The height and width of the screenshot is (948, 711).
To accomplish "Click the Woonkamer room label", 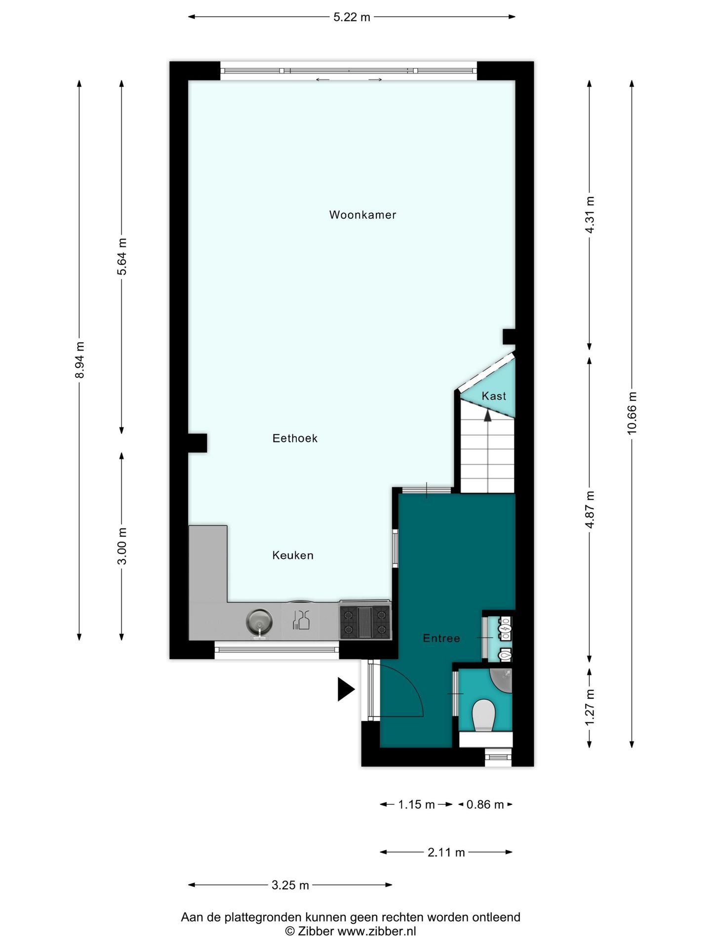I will pos(362,215).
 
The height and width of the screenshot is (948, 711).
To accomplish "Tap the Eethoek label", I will pos(295,438).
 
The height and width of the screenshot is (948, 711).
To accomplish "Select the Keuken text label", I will pos(293,555).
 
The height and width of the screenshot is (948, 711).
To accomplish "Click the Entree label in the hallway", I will pos(441,638).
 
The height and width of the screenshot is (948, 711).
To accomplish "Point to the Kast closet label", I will pos(494,396).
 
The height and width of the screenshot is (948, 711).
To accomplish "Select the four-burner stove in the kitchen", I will pos(365,622).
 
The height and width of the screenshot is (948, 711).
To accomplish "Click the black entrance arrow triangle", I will pos(345,689).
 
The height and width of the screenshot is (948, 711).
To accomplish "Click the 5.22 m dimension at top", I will pos(352,17).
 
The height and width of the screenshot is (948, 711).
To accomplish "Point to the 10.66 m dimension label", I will pos(632,413).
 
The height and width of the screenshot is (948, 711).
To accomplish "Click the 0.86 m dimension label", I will pos(485,805).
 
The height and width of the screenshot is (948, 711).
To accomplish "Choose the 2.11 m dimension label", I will pos(446,853).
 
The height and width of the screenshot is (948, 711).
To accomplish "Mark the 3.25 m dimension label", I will pos(290,885).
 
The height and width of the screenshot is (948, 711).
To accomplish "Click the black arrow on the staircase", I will pos(488,416).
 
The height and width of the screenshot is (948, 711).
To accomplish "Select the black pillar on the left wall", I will pos(197,443).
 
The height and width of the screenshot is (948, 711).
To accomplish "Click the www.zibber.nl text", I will pos(377,932).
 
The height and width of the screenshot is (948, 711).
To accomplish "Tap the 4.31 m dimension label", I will pos(590,215).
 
